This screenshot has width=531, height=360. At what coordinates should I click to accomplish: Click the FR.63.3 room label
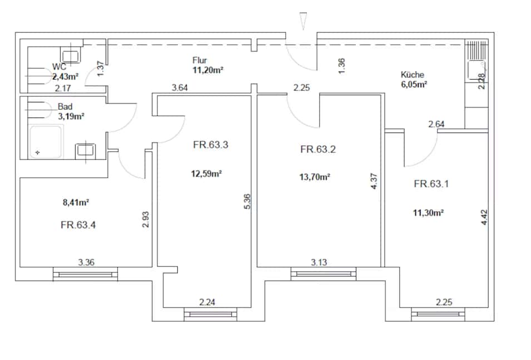pos(211,145)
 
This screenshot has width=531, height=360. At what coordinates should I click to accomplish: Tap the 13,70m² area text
pos(315,176)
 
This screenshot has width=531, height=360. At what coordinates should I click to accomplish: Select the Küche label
pos(413,75)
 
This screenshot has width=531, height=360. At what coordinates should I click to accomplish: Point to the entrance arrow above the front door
pos(304,21)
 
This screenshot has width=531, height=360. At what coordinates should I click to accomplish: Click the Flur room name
pos(200,60)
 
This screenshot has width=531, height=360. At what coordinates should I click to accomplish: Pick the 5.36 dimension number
pos(247,201)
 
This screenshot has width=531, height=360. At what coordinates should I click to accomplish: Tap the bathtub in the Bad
pos(46,142)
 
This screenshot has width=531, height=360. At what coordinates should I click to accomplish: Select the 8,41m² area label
pos(76,203)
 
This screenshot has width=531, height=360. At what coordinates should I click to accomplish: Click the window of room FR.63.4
pos(85,274)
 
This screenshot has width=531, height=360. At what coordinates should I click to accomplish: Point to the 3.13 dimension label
pos(319,263)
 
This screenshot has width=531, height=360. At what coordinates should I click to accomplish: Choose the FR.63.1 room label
pos(431,184)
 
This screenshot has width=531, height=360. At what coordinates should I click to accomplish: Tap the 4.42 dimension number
pos(484,218)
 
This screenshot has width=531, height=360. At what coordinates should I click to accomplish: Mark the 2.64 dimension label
pos(436,124)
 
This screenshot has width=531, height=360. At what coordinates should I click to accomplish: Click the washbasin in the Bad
pos(85,150)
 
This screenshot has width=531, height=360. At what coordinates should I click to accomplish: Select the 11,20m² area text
pos(208,70)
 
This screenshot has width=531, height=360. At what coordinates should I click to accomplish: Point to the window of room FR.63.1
pos(438,314)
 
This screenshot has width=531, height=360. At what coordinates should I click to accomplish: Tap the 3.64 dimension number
pos(180,88)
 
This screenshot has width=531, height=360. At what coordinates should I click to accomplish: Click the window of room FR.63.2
pos(324,274)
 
